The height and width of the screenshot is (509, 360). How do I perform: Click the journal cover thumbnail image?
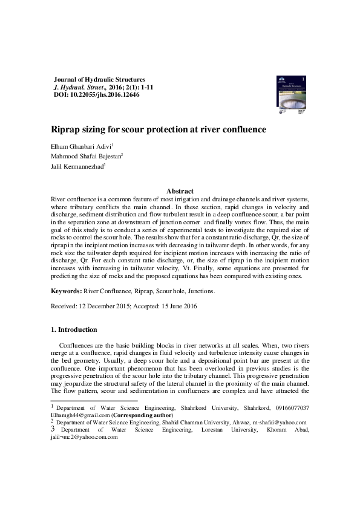(x=290, y=96)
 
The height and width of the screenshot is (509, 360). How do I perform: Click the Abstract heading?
(x=180, y=191)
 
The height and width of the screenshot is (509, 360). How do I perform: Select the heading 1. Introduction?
(x=74, y=329)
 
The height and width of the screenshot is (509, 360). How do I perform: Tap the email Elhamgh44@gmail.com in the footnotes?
(x=76, y=415)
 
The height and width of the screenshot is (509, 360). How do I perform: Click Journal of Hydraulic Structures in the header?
(x=100, y=79)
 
